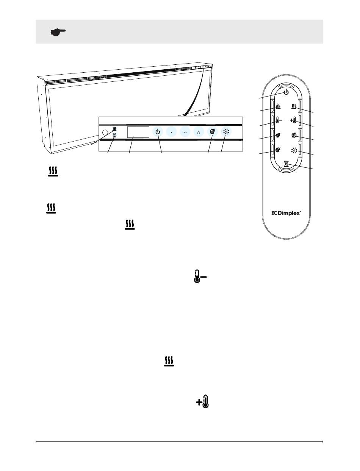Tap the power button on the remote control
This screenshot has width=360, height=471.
[286, 92]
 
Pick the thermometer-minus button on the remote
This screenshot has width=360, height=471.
[278, 121]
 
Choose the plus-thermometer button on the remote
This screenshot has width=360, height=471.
[294, 121]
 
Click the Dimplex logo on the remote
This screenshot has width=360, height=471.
[286, 213]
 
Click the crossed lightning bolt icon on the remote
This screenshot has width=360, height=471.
[294, 135]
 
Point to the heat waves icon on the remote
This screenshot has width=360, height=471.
[294, 107]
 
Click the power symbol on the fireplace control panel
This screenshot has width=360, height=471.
[158, 132]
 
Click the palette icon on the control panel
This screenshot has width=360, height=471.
[213, 132]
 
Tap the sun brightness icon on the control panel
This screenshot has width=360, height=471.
[227, 132]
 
